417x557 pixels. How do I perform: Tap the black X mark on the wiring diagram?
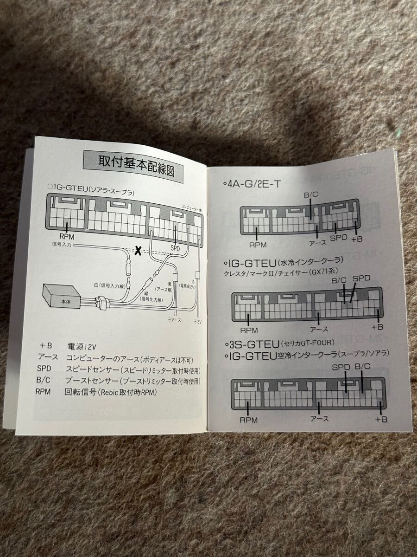(x=138, y=251)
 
